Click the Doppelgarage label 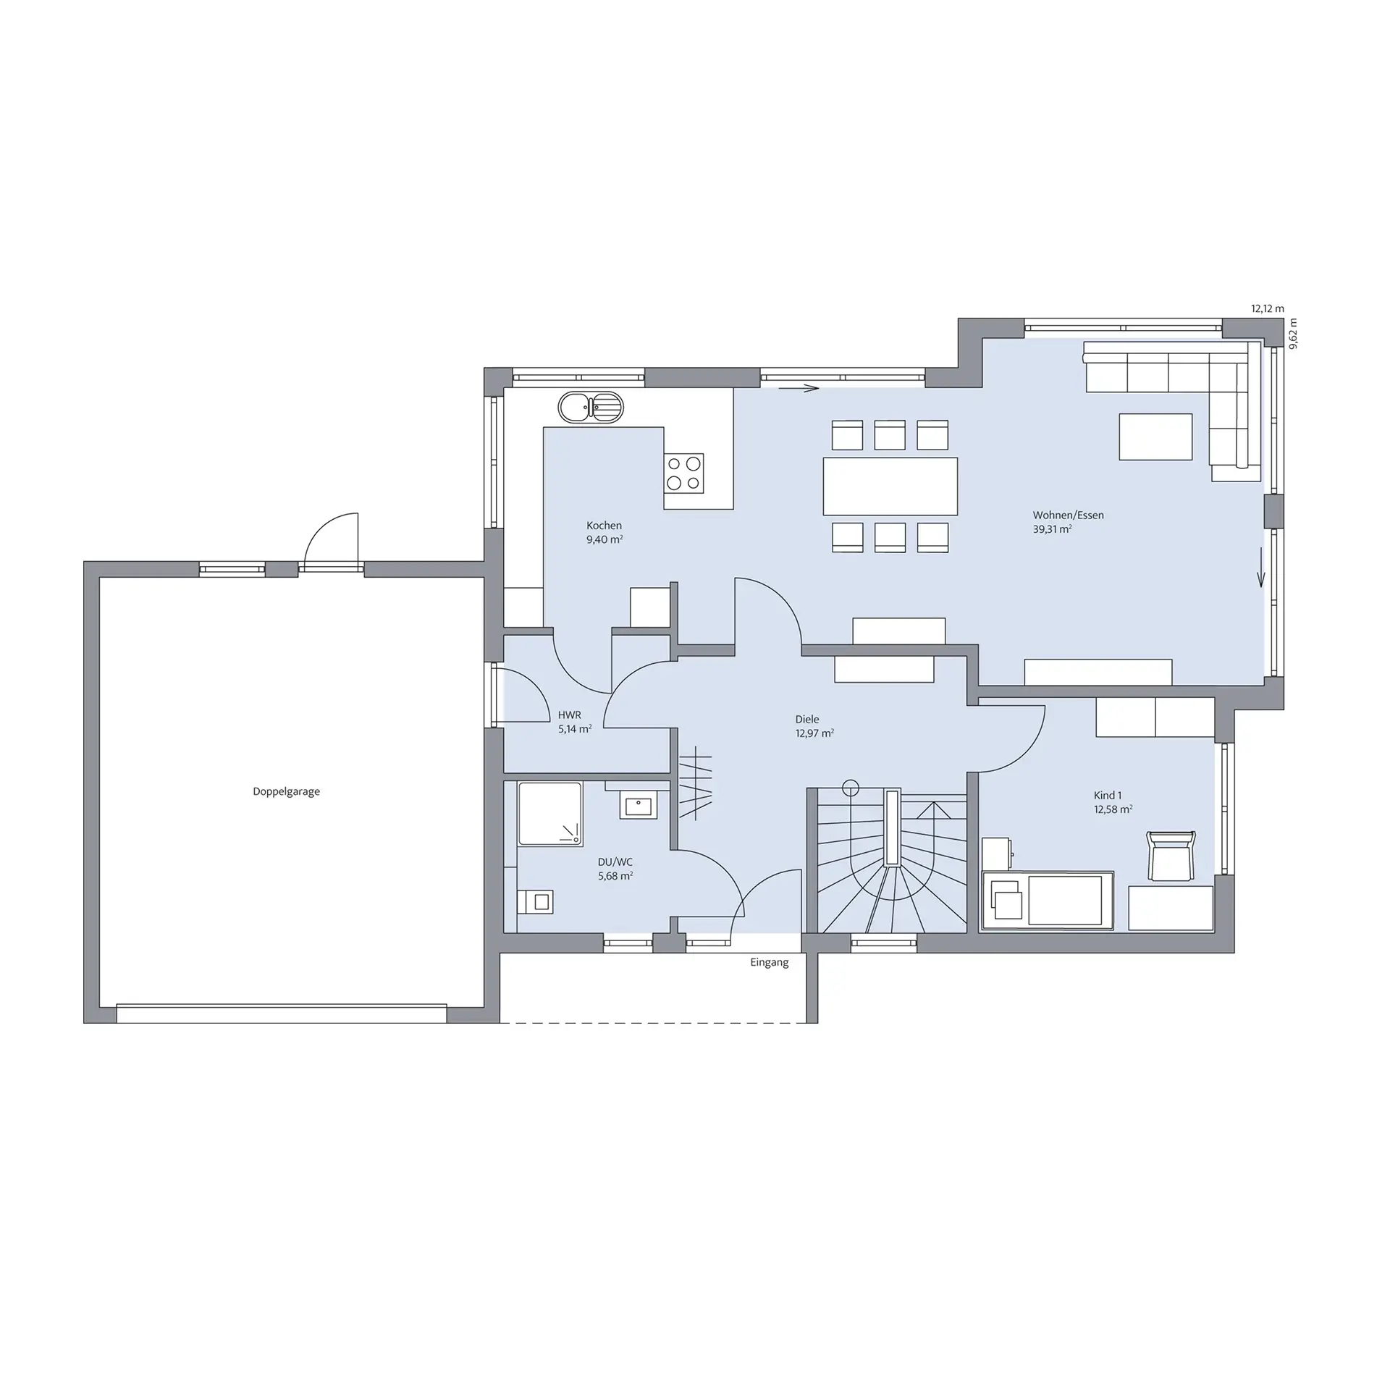(x=286, y=791)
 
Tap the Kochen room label (x=604, y=526)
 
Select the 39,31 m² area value (x=1053, y=529)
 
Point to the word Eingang (x=769, y=962)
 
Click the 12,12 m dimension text (x=1268, y=308)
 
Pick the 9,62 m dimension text (x=1294, y=334)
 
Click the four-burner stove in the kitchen (x=683, y=473)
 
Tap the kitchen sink (x=590, y=408)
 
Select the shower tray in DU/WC (x=550, y=813)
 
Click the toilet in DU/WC (x=535, y=901)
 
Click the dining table (x=890, y=486)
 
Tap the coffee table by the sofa (x=1155, y=437)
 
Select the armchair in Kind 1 (x=1171, y=856)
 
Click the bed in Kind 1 (x=1048, y=900)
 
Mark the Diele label (x=807, y=719)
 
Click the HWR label (x=569, y=715)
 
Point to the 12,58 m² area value (x=1113, y=809)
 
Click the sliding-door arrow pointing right (x=799, y=389)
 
